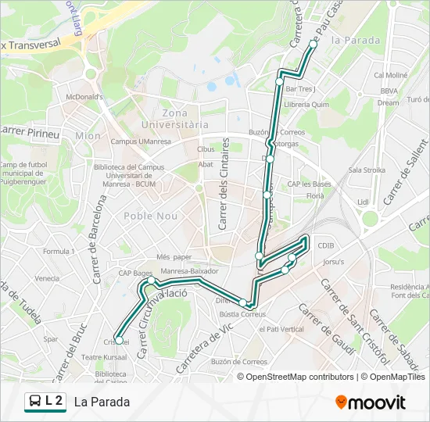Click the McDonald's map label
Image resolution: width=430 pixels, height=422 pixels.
(x=84, y=97)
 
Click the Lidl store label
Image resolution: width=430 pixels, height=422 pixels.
(x=363, y=202)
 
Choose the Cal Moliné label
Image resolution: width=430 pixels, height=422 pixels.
(x=390, y=76)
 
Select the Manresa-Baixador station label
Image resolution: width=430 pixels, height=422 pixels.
(x=188, y=271)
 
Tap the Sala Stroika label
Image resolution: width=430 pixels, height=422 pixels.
(x=367, y=170)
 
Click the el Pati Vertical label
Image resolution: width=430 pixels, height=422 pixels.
(x=281, y=329)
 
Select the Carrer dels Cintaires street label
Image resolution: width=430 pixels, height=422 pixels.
(x=224, y=184)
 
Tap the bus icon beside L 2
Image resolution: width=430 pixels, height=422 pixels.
(x=34, y=402)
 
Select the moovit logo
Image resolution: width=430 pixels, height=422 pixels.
(x=371, y=402)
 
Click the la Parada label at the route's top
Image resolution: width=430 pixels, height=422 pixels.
(x=356, y=40)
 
